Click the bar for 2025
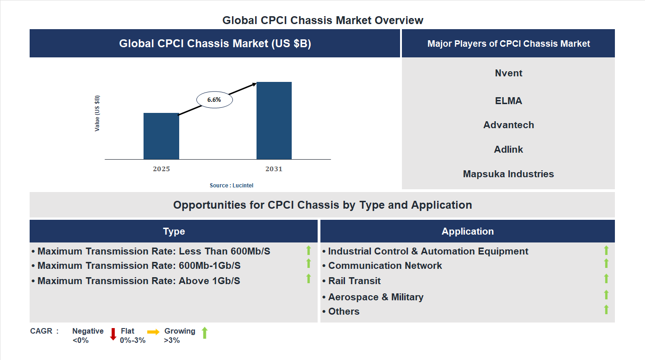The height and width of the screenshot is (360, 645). point(161,136)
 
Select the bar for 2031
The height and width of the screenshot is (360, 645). point(274,121)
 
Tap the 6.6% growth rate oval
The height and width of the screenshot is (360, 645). point(214,99)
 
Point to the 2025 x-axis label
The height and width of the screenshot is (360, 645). point(161,169)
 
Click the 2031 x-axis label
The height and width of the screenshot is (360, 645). point(274,169)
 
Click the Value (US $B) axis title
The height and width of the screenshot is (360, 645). point(97,113)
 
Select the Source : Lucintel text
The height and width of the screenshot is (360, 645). point(232,186)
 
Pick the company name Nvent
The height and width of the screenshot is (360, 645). point(508,73)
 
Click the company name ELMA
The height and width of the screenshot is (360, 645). point(508,101)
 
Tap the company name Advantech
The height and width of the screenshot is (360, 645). point(508,125)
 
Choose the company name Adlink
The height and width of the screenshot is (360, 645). point(508,149)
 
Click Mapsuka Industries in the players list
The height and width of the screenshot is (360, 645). point(508,174)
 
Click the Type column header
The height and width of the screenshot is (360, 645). point(174,231)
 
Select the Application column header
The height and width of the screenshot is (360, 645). point(468,231)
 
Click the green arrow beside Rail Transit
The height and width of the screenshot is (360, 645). point(606,279)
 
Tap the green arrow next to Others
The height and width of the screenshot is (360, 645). point(606,310)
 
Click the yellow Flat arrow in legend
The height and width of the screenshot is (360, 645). point(153,332)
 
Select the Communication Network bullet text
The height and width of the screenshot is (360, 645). point(385,266)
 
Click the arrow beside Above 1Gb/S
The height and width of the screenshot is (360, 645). point(308,279)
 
